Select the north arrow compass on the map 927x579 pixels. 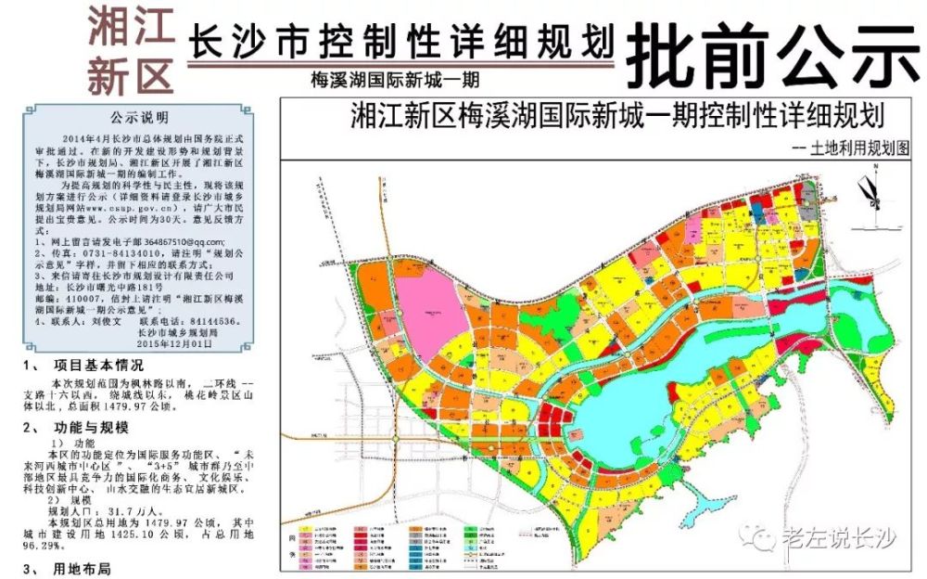point(870,197)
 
